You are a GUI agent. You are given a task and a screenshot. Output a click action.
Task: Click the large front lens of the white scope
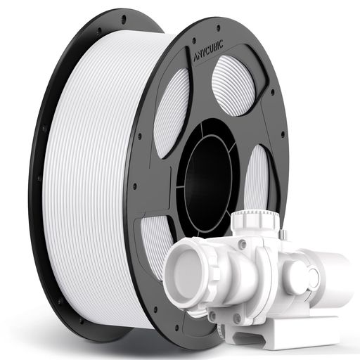point(184,271)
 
